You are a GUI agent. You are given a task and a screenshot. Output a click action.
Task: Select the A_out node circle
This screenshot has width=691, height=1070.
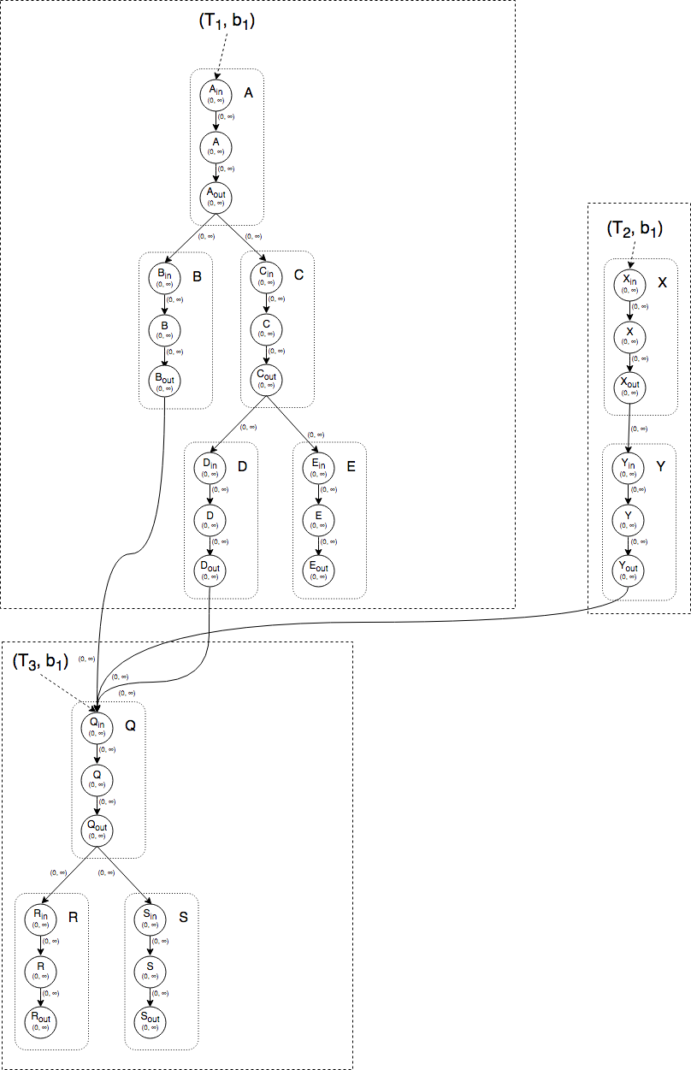pyautogui.click(x=216, y=197)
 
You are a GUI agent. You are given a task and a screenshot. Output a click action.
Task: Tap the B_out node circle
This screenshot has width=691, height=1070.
pyautogui.click(x=164, y=381)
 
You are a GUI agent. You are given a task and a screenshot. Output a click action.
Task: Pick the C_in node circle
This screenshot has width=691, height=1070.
pyautogui.click(x=267, y=278)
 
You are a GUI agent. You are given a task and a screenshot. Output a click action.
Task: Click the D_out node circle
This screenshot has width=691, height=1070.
pyautogui.click(x=210, y=570)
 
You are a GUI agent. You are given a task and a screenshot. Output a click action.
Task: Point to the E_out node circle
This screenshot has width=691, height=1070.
pyautogui.click(x=318, y=570)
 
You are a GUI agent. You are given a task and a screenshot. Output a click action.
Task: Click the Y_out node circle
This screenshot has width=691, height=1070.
pyautogui.click(x=629, y=571)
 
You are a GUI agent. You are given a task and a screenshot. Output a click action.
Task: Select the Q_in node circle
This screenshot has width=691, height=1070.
pyautogui.click(x=97, y=726)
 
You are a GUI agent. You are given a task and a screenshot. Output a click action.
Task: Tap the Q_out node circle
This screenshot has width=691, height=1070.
pyautogui.click(x=97, y=828)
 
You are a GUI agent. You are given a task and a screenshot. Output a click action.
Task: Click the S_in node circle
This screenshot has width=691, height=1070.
pyautogui.click(x=151, y=919)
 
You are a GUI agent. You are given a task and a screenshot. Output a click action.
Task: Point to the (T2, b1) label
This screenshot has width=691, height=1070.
pyautogui.click(x=634, y=228)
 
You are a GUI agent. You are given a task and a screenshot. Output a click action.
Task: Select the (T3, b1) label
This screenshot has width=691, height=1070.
pyautogui.click(x=40, y=661)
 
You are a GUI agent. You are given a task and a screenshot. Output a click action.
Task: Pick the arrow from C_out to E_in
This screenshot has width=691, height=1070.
pyautogui.click(x=292, y=423)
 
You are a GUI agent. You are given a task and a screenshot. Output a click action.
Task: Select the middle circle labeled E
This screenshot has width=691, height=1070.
pyautogui.click(x=318, y=520)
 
